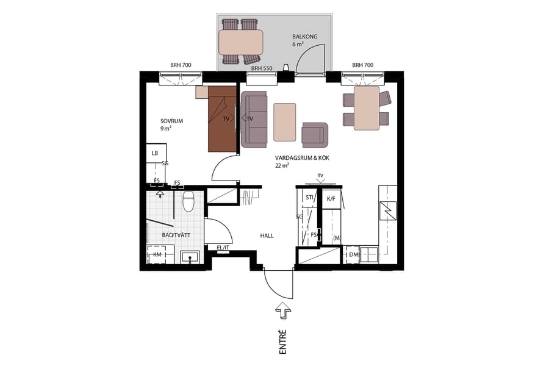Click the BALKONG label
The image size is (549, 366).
[x=304, y=37]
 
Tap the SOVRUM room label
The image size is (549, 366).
[x=171, y=121]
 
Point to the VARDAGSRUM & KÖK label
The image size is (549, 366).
[x=303, y=157]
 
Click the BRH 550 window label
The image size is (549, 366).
[x=261, y=68]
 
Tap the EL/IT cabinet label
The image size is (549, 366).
[x=223, y=248]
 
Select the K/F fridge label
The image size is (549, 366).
[x=331, y=199]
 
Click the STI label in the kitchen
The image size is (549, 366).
[x=309, y=198]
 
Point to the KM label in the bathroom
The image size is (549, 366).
[x=157, y=254]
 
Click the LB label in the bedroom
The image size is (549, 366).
[x=156, y=153]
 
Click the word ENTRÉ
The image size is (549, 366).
[x=283, y=342]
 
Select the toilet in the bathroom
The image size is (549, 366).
[x=188, y=201]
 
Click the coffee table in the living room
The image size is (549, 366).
[x=285, y=122]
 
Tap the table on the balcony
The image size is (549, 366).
[x=241, y=42]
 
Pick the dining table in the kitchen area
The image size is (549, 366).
[x=366, y=108]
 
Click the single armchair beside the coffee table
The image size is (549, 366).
[x=315, y=134]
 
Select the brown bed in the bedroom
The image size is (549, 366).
[x=222, y=119]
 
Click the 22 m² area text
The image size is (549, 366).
[x=282, y=166]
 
